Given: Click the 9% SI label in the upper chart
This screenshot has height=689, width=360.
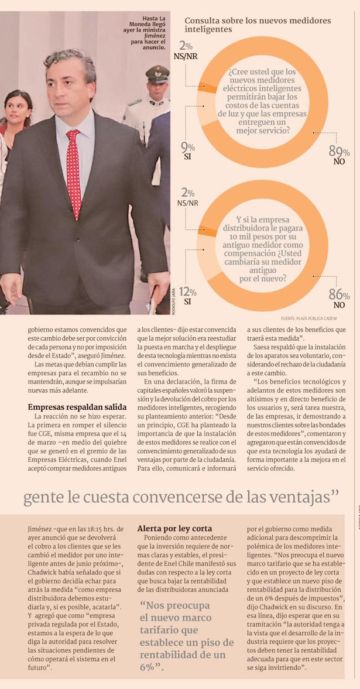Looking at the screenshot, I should click(188, 151).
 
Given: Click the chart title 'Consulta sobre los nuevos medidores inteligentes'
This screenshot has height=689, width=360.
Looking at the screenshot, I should click(258, 25).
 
